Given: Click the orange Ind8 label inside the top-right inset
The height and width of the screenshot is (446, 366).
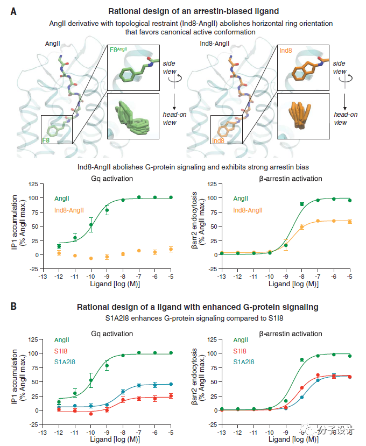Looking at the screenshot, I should [286, 50].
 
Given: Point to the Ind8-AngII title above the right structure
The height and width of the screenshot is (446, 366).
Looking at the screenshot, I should [215, 42].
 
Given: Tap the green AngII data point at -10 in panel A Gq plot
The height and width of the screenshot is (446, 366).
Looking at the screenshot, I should [91, 225].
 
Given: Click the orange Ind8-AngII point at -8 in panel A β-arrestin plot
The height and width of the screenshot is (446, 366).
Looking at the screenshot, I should [302, 227].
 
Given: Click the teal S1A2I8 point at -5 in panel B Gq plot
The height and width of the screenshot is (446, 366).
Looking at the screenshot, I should [171, 384].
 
